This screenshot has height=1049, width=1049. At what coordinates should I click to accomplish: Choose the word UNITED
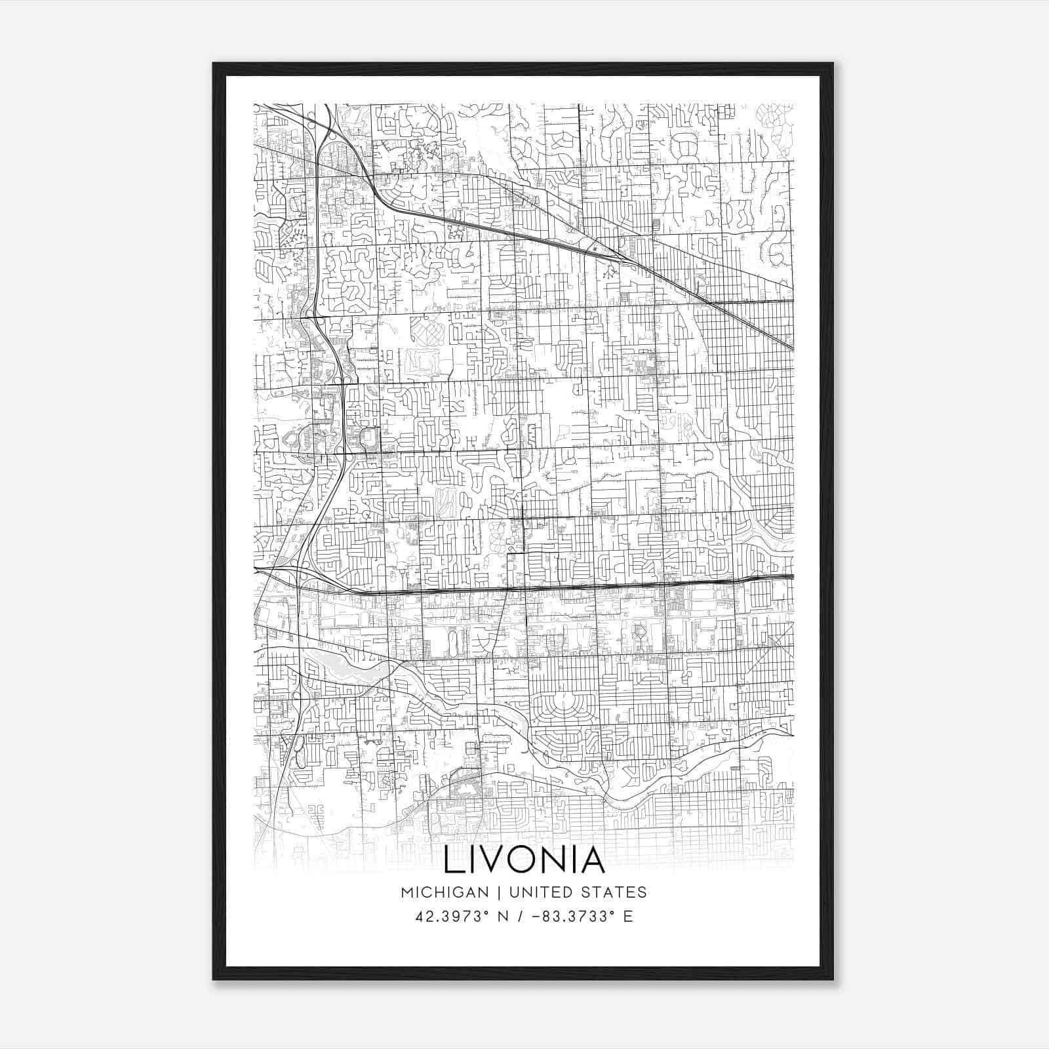[539, 892]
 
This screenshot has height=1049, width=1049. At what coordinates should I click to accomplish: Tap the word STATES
[614, 892]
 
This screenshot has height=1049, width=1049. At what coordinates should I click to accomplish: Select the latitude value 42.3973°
[451, 917]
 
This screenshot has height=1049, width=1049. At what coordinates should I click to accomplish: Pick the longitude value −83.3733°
[568, 917]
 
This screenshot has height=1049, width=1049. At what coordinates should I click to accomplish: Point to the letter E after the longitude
[628, 917]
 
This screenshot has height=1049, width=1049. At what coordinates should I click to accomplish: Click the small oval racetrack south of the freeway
[452, 639]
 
